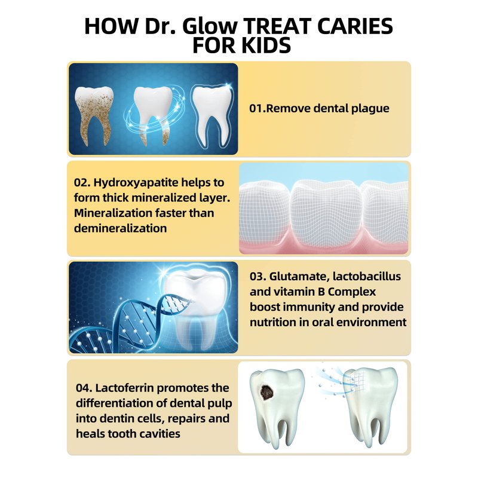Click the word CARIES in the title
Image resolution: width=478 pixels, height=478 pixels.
(x=355, y=26)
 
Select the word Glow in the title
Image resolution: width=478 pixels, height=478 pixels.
(x=210, y=26)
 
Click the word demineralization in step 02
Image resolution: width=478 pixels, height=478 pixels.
(x=121, y=228)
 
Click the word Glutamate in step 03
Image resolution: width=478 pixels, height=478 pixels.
(x=298, y=277)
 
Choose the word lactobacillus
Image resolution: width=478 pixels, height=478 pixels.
(x=367, y=276)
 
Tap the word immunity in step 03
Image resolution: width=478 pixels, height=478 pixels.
(x=309, y=307)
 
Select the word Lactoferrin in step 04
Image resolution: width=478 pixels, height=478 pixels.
(x=125, y=388)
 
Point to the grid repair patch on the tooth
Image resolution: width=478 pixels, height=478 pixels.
(x=354, y=383)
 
